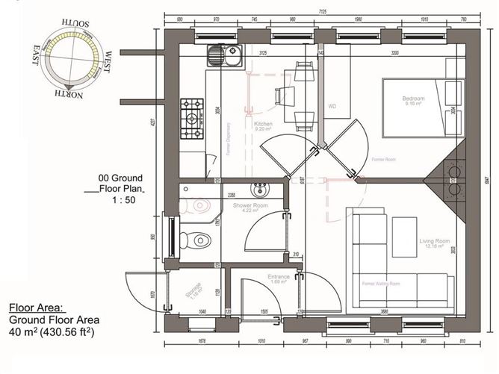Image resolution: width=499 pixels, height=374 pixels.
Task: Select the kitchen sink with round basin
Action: coord(216,55)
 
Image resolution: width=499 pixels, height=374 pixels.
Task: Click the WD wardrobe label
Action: coord(333,106)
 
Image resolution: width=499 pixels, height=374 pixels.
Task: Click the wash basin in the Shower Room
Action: coord(258,187)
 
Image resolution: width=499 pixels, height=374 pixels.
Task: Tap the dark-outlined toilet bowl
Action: coord(200,239)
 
